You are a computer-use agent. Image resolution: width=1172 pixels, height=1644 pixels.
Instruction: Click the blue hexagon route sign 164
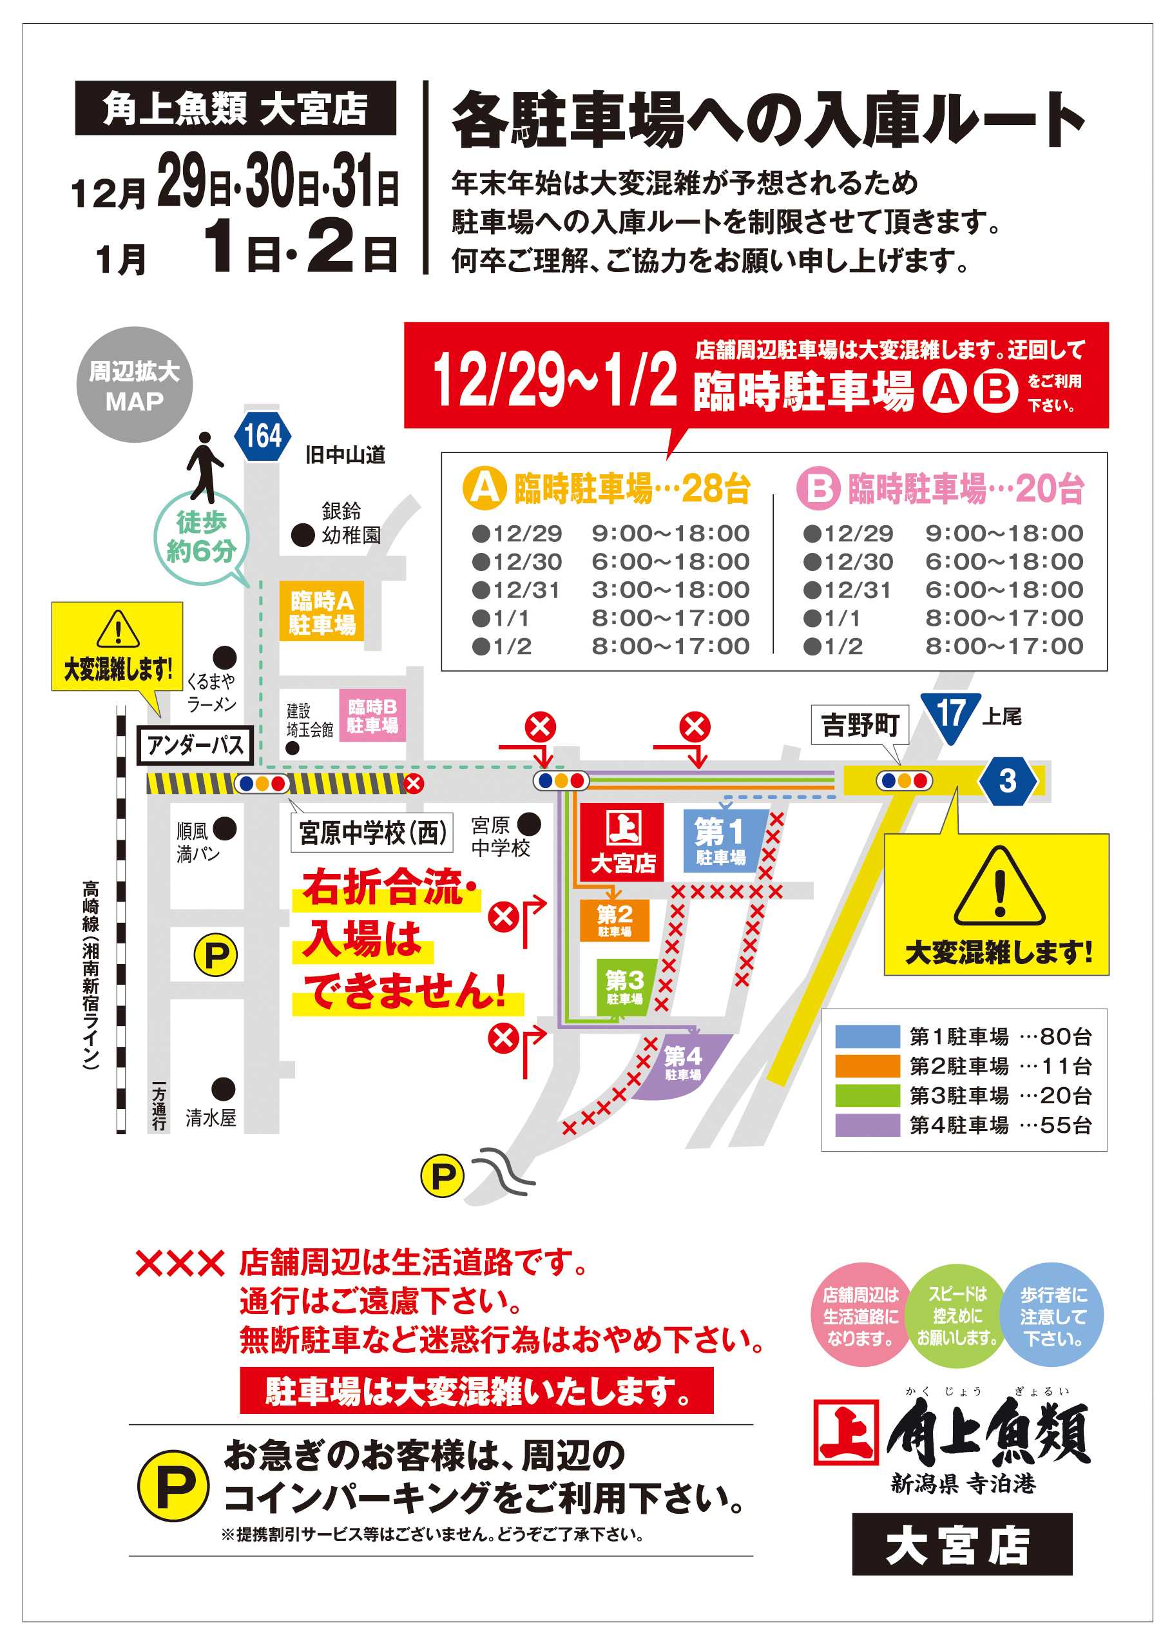263,436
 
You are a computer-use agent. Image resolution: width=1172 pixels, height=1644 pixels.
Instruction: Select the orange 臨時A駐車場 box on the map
322,612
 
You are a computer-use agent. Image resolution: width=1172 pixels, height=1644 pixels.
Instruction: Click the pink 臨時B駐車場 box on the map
372,715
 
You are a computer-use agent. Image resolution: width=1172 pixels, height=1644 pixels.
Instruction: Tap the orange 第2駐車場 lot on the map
614,921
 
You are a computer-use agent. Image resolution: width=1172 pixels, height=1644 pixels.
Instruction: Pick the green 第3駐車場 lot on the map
625,987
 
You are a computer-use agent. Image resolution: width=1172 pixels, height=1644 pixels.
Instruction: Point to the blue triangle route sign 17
949,714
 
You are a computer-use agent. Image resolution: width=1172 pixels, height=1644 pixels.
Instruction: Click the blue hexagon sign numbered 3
1008,781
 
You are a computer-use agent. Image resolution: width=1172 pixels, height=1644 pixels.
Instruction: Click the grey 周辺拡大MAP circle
135,385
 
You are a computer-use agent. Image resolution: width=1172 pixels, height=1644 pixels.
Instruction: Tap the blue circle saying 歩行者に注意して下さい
1053,1315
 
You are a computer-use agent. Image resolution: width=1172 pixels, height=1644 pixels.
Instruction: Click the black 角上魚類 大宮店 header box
235,108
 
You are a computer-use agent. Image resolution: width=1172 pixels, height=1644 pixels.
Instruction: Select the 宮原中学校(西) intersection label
372,833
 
